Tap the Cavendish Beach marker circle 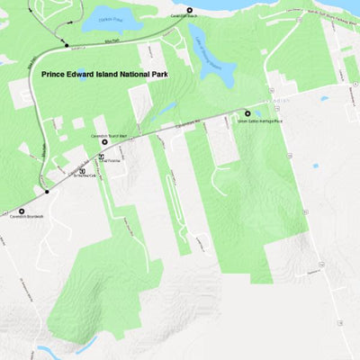pos(189,10)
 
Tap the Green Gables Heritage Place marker pos(247,113)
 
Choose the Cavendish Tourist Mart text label pos(105,138)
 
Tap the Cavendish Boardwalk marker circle pos(22,211)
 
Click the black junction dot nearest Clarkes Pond pos(67,44)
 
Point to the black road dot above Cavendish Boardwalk pos(46,192)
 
